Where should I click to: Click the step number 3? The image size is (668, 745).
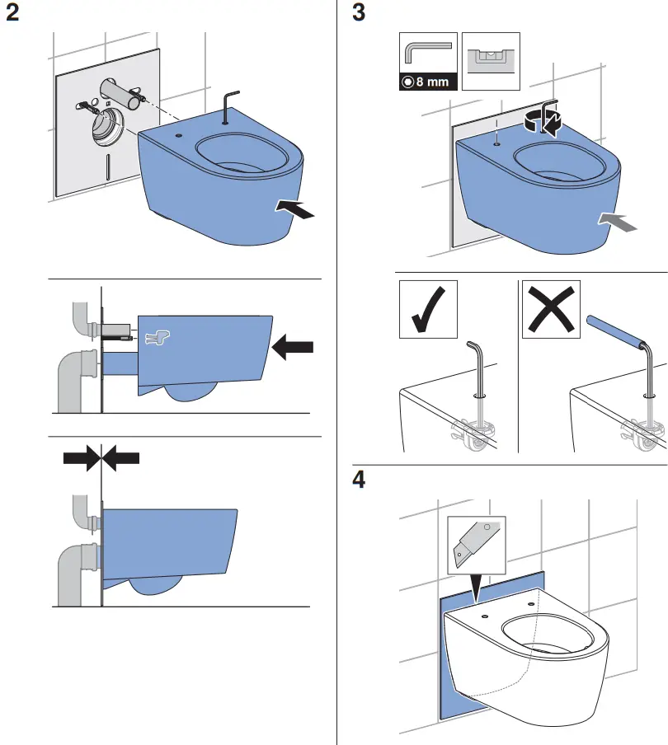[359, 15]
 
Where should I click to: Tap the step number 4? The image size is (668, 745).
[360, 480]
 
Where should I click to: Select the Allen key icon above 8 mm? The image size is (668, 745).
[427, 53]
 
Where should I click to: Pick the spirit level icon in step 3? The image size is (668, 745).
[491, 61]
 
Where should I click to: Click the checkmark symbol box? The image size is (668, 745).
[427, 309]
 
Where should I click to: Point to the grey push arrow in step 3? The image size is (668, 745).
[618, 220]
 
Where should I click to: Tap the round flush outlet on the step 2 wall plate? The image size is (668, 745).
[106, 124]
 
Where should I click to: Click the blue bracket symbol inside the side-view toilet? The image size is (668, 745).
[156, 336]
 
